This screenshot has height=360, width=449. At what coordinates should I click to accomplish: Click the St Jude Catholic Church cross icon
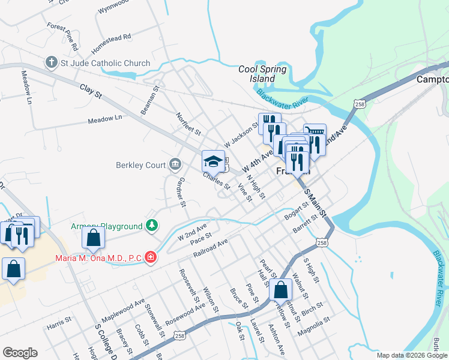coord(52,62)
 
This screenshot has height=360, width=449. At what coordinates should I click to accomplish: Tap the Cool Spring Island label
coord(262,74)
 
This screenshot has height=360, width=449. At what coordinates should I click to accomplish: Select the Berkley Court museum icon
coord(175,164)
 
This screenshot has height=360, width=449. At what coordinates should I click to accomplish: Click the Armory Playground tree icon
coord(153,226)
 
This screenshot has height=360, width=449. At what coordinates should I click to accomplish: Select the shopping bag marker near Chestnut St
coord(281,290)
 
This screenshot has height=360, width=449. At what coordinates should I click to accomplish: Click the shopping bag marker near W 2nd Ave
coord(94,238)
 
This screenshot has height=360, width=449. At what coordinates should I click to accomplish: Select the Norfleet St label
coord(188,123)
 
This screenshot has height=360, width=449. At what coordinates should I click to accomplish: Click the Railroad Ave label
coord(211,248)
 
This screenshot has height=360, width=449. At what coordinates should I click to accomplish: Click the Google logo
coord(20,353)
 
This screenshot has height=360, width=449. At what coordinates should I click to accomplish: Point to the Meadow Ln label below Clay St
coord(104,119)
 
